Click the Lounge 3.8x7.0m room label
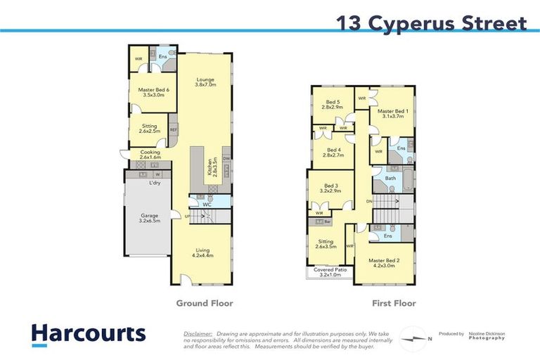[x=205, y=82]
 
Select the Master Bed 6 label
[x=153, y=92]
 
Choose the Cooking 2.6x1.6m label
[x=150, y=155]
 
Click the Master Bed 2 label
[x=383, y=263]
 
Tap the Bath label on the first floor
[x=390, y=178]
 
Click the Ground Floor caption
[x=205, y=304]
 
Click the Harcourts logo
[x=88, y=333]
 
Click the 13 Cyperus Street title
[x=431, y=23]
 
